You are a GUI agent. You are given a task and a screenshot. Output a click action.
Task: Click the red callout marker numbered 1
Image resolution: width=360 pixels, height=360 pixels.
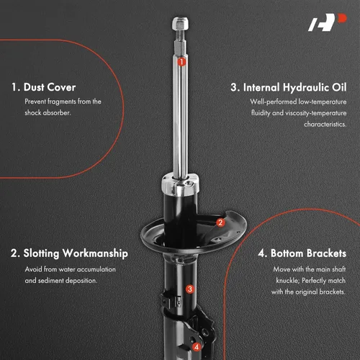pyautogui.click(x=181, y=62)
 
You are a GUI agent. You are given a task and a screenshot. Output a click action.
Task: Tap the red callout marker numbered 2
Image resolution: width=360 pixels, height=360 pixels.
pyautogui.click(x=220, y=222)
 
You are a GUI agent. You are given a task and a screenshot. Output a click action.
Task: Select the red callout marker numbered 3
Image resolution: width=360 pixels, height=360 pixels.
pyautogui.click(x=190, y=289)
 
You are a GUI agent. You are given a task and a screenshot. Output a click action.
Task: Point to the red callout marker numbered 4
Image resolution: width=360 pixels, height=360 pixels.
pyautogui.click(x=197, y=347)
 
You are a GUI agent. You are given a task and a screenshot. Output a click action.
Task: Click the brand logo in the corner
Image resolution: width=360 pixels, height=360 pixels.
pyautogui.click(x=328, y=22)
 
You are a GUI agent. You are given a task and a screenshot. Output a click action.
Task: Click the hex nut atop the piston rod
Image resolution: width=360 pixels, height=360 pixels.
pyautogui.click(x=180, y=23)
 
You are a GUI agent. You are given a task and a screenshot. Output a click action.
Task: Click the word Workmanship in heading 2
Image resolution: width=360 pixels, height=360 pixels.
pyautogui.click(x=95, y=253)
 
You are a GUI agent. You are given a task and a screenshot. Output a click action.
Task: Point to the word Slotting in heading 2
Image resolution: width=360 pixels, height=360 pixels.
pyautogui.click(x=41, y=253)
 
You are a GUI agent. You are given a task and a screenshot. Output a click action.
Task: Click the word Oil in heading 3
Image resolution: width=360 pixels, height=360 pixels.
pyautogui.click(x=339, y=87)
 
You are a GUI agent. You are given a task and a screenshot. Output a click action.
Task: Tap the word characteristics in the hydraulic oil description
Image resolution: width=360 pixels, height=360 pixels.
pyautogui.click(x=325, y=124)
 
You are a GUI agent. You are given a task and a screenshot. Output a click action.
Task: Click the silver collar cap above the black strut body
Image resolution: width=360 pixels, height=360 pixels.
pyautogui.click(x=180, y=184)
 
